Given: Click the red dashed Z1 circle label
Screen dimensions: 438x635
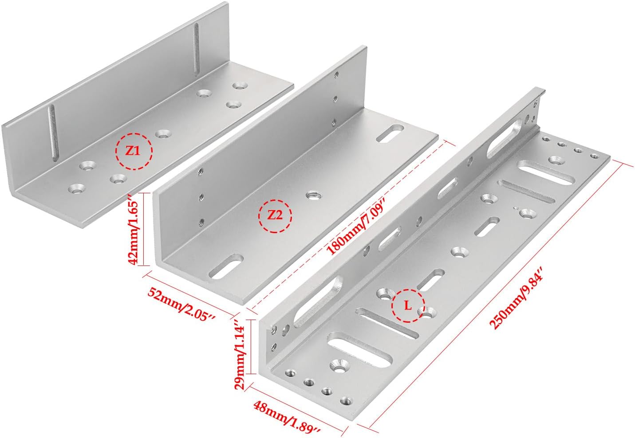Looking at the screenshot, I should coord(134,151).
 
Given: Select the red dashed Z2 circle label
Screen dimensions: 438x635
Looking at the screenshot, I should coord(275,216).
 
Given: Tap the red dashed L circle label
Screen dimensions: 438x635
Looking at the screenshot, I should coord(408,305).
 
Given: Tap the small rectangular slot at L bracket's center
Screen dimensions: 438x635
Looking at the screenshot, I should coord(487,226).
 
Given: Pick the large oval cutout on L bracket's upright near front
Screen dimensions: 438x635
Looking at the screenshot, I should coord(318,300).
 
